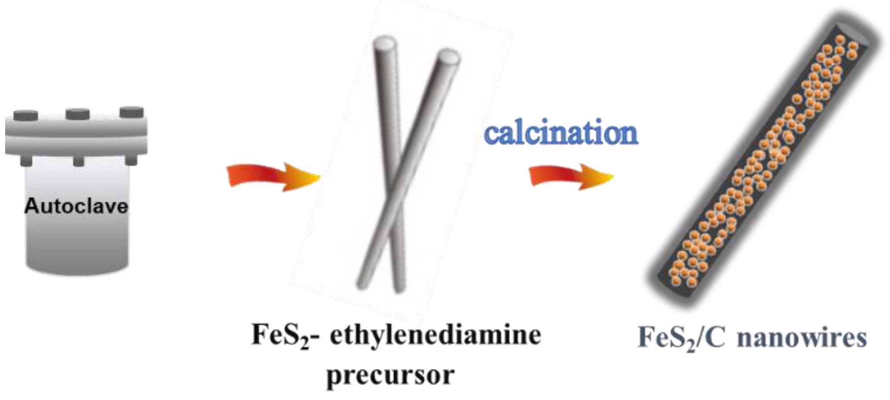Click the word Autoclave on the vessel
point(76,206)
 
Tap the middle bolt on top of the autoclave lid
point(78,114)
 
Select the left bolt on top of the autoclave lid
point(26,116)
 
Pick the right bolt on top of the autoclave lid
point(132,112)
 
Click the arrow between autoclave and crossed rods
point(274,176)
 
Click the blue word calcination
point(561,133)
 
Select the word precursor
point(391,375)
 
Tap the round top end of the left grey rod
point(385,43)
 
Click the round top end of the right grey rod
point(448,56)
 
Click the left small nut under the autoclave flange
point(26,161)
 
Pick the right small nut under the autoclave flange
point(131,160)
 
